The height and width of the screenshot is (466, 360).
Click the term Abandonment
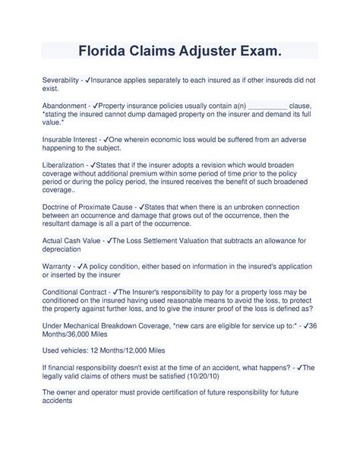coord(64,108)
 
